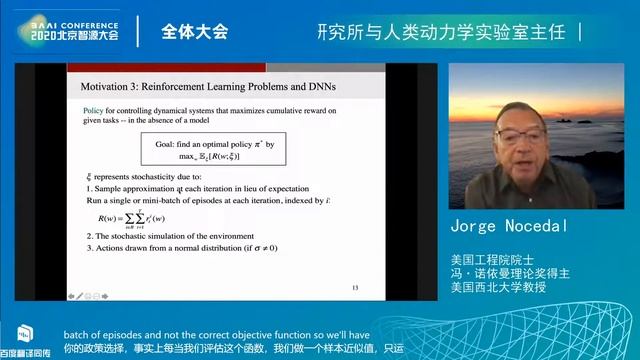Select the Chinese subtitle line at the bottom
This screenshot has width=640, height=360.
click(x=320, y=352)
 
